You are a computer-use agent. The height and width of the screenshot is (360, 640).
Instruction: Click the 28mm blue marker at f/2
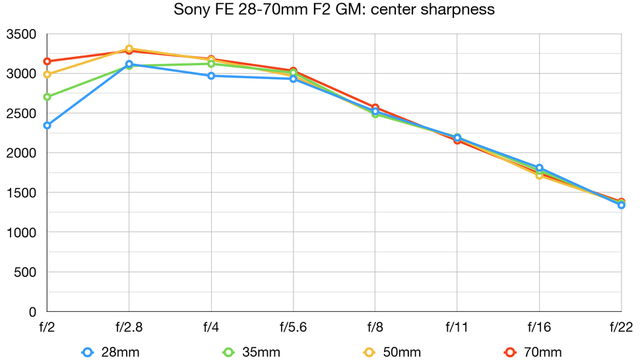47,125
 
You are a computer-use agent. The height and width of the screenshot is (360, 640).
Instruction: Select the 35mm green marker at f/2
47,97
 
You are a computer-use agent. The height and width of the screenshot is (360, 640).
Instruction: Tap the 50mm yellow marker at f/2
47,75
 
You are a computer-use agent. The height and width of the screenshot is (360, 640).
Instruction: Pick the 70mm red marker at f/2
47,61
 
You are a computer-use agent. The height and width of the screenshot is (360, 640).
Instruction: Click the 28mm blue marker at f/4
211,76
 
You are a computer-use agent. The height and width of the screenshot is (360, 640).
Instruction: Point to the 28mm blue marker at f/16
539,168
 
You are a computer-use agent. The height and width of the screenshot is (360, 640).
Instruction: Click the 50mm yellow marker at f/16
539,175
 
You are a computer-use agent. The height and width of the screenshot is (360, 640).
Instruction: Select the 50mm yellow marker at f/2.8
129,49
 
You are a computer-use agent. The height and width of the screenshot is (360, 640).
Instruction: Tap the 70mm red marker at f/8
375,107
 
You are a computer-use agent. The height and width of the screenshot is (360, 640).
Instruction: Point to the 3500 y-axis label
21,34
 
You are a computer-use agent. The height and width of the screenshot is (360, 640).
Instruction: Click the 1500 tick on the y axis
21,193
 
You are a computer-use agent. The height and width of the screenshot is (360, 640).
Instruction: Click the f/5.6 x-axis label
292,326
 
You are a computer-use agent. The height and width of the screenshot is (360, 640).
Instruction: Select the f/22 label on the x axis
620,326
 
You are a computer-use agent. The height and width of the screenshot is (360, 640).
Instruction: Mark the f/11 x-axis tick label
457,326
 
